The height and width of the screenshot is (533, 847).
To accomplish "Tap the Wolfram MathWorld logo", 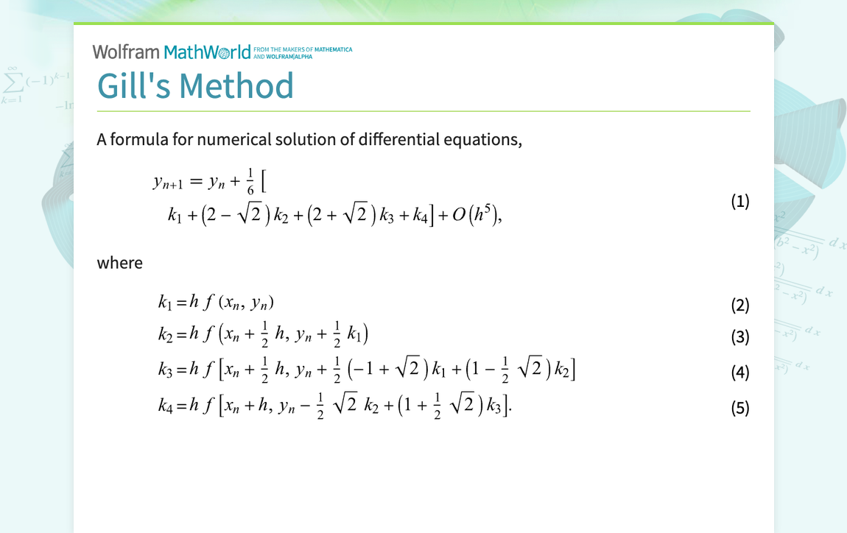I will (x=172, y=52).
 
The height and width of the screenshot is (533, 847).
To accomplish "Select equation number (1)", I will (x=739, y=201).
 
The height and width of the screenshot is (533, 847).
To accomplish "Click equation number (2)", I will (x=739, y=305).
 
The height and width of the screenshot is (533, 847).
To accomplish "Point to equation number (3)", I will (x=739, y=337).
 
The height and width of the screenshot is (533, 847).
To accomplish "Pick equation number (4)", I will (x=739, y=373).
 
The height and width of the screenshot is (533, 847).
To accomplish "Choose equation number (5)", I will (x=739, y=408).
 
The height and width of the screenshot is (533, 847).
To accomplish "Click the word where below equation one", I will (x=119, y=263).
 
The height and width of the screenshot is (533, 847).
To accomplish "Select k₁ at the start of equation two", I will (x=164, y=303).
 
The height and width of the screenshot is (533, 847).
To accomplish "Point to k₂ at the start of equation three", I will (x=165, y=335).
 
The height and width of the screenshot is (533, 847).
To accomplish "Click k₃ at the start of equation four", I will (x=165, y=370).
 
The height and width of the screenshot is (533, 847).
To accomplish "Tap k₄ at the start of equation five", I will (x=165, y=406).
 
